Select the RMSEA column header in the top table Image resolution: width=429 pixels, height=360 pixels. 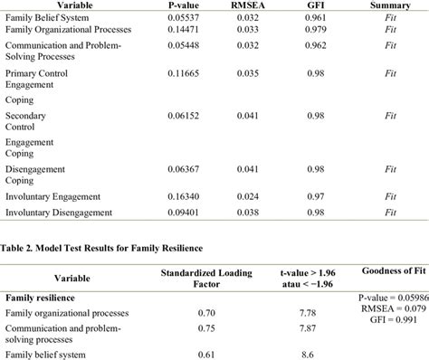(255, 5)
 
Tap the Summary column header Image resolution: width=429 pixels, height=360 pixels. (390, 5)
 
